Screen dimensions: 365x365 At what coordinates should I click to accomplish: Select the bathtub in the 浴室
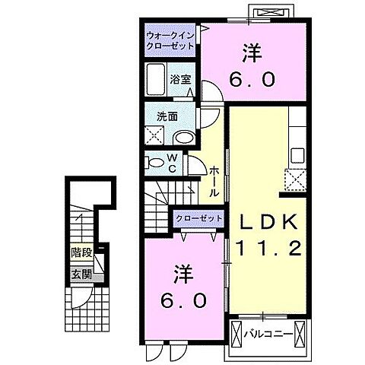pos(157,79)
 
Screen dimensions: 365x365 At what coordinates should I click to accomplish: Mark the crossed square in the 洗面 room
pos(157,137)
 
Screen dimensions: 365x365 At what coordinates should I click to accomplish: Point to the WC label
pos(173,163)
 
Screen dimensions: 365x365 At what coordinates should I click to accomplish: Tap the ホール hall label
pos(215,182)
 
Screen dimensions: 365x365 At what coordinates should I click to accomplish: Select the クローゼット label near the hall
pos(199,219)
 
